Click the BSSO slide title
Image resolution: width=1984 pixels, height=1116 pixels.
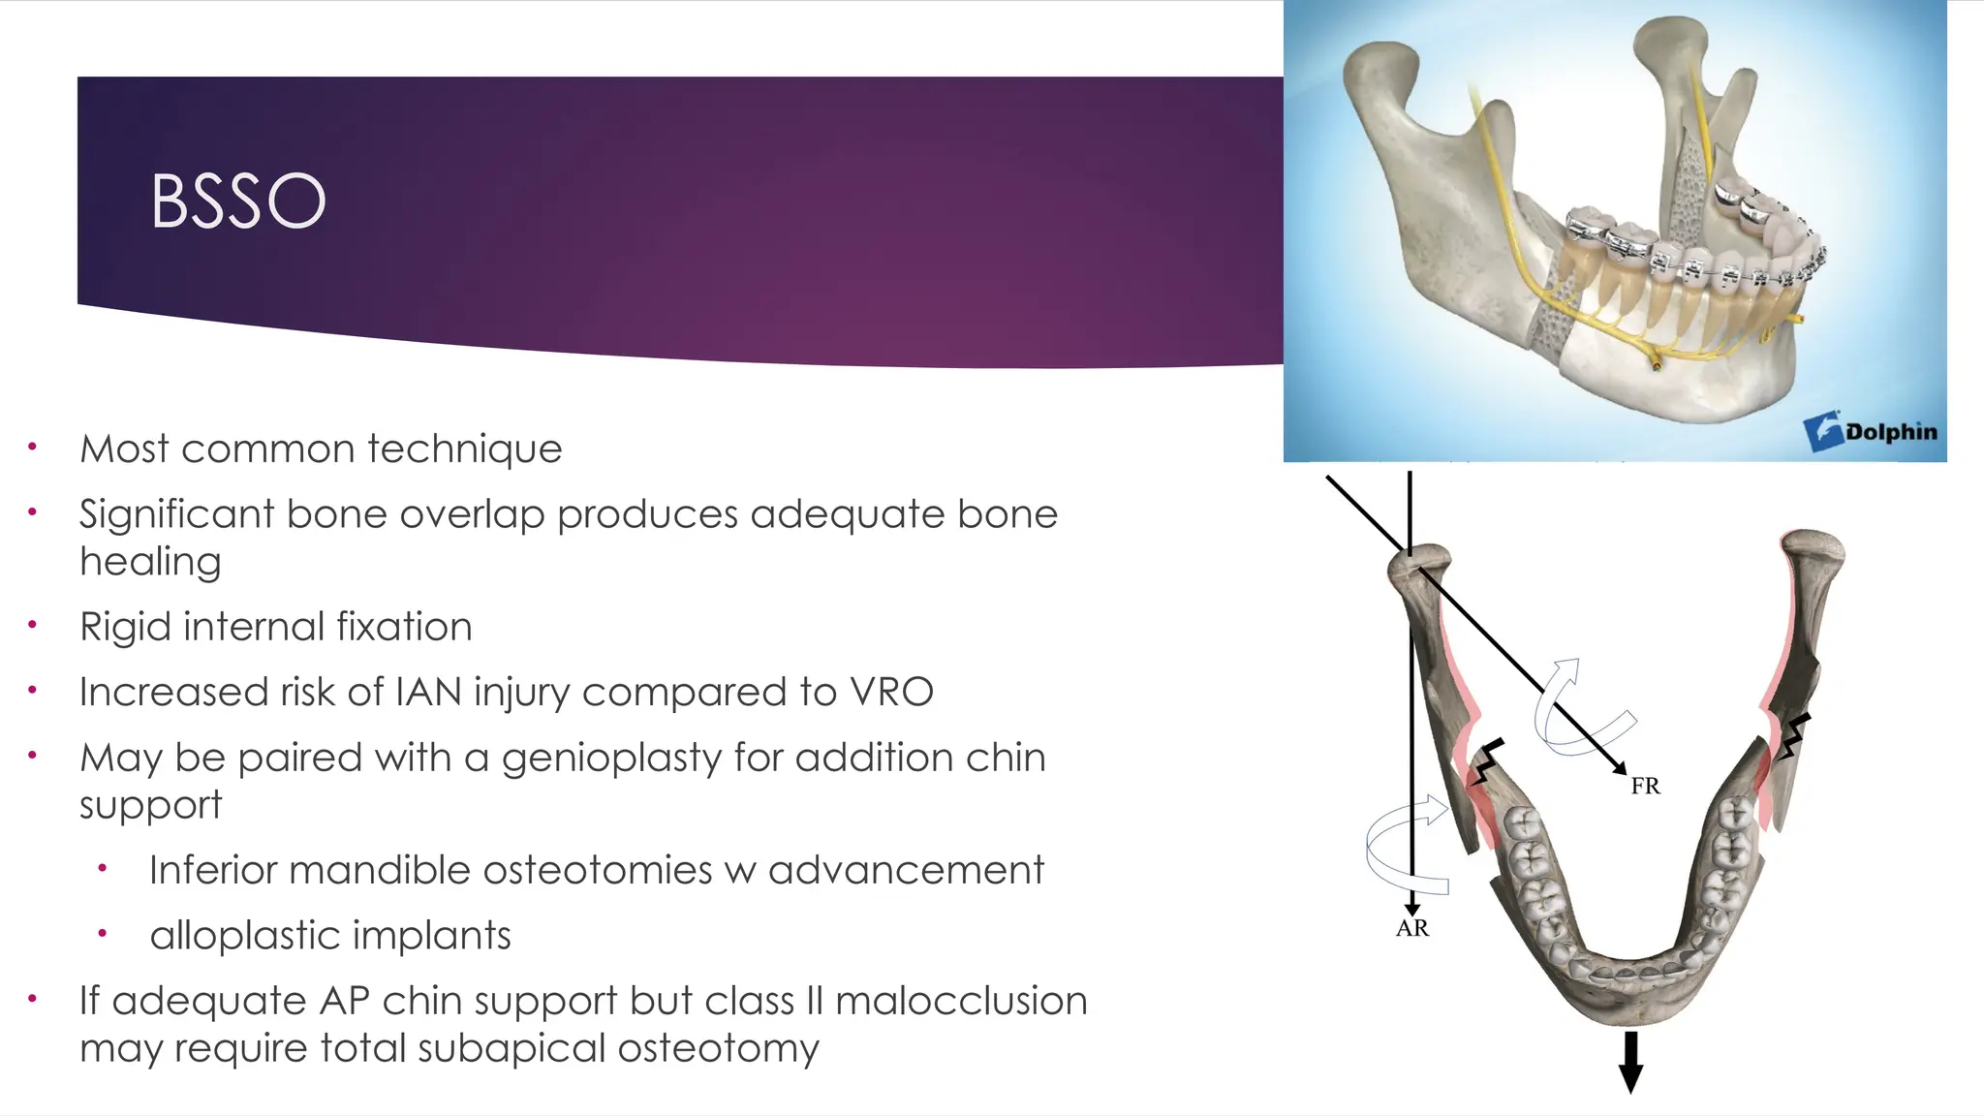(237, 201)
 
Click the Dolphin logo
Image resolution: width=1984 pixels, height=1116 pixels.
(1870, 431)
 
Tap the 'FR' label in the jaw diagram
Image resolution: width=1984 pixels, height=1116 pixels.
(1645, 786)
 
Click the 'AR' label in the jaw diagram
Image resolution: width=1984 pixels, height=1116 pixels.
(1411, 928)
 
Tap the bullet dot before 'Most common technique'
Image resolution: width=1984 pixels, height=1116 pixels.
(32, 447)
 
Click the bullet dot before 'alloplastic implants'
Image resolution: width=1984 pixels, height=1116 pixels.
(102, 934)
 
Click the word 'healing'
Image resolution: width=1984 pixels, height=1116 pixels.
(150, 562)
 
